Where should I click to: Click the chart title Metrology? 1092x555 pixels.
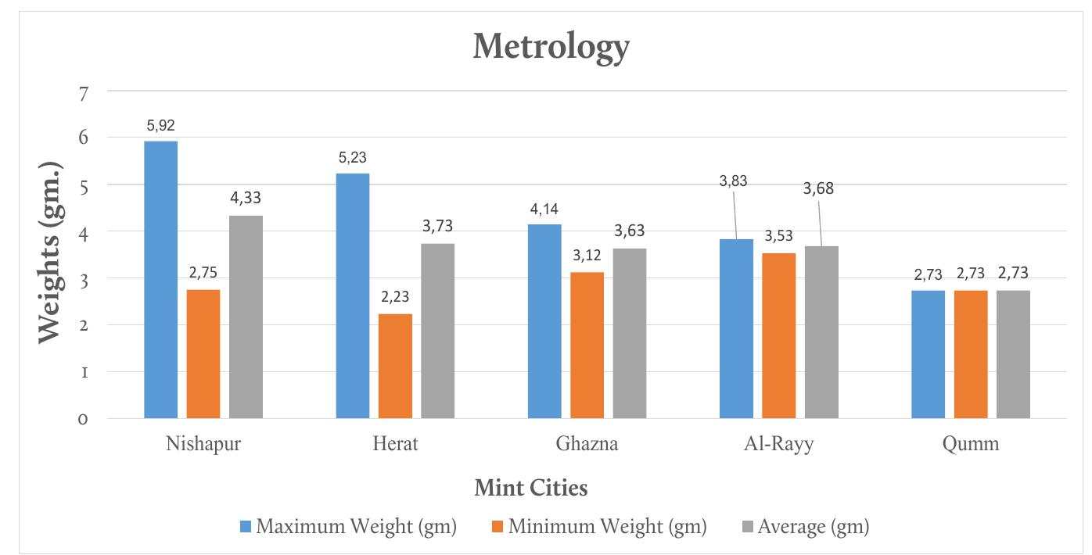pyautogui.click(x=551, y=48)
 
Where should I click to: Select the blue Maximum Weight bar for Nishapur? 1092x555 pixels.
pyautogui.click(x=161, y=280)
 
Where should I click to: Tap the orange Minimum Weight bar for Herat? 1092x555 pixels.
pyautogui.click(x=395, y=366)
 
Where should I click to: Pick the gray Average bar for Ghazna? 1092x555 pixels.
pyautogui.click(x=630, y=333)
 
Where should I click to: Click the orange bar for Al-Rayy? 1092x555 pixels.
pyautogui.click(x=778, y=335)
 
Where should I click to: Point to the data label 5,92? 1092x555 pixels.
pyautogui.click(x=161, y=124)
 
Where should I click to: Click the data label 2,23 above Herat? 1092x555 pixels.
pyautogui.click(x=395, y=297)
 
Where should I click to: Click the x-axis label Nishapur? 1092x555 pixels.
pyautogui.click(x=203, y=445)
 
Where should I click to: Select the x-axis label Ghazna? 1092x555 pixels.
pyautogui.click(x=587, y=445)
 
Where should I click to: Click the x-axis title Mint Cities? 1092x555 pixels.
pyautogui.click(x=531, y=489)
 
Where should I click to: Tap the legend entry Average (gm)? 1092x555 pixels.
pyautogui.click(x=805, y=527)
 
